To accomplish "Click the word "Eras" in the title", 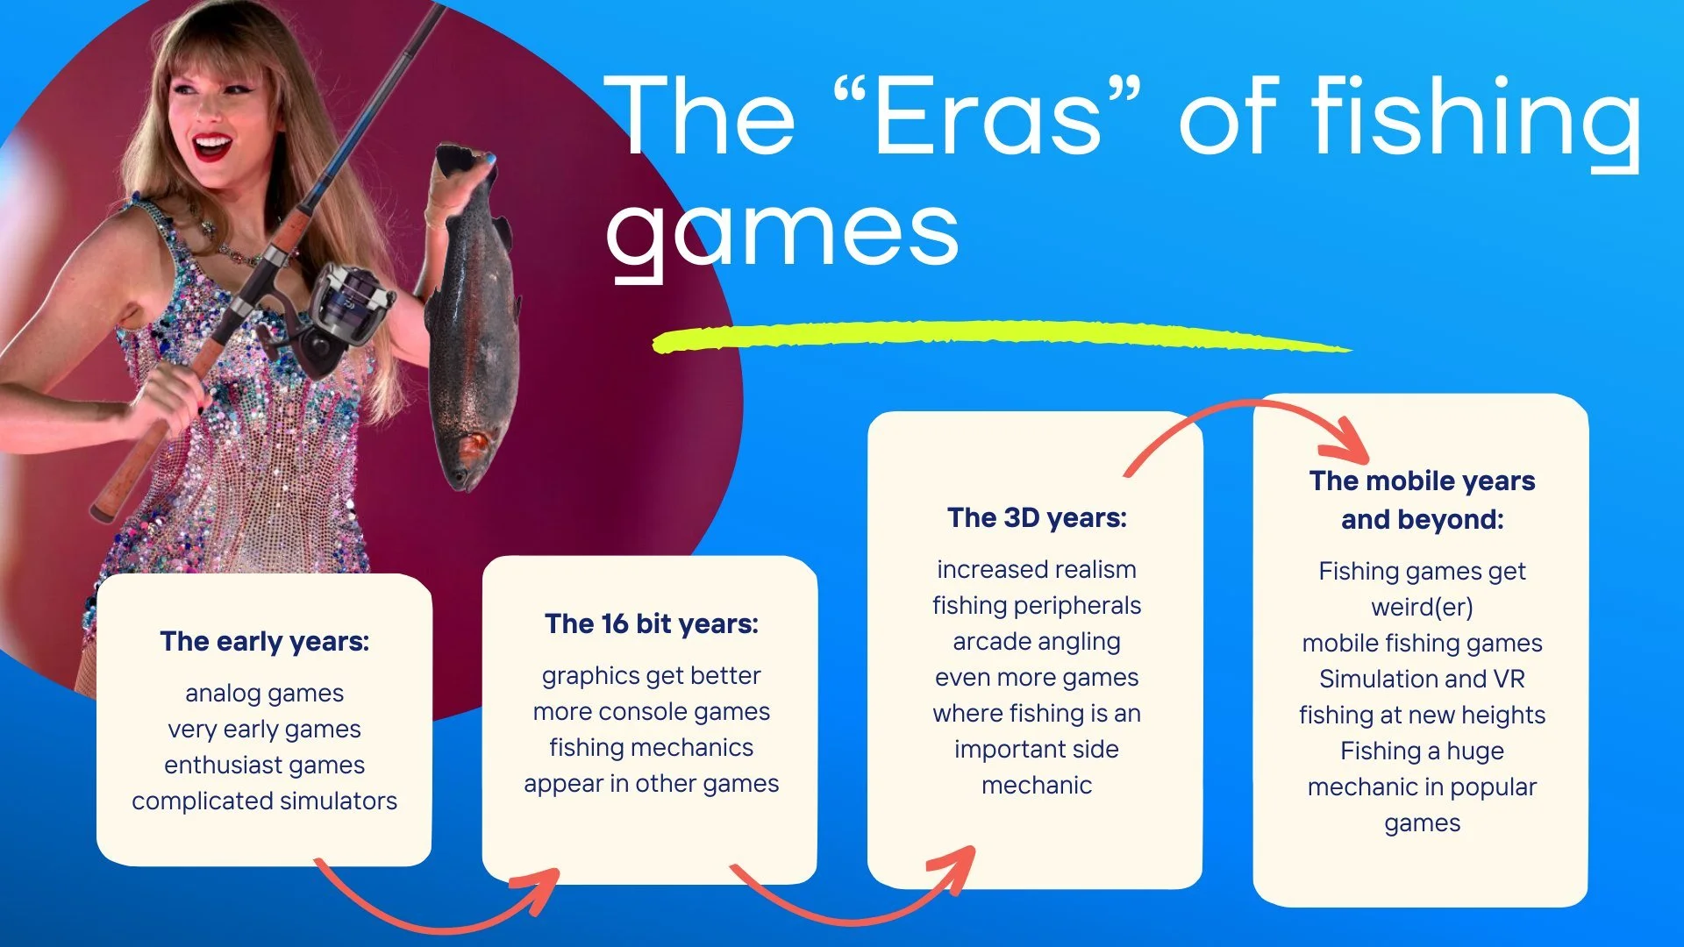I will tap(987, 116).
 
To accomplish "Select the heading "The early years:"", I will tap(265, 642).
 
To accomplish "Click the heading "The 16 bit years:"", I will tap(651, 624).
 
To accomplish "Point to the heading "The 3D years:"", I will tap(1037, 518).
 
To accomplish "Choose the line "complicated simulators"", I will tap(265, 801).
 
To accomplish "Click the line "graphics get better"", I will tap(651, 676).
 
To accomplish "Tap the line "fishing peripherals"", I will tap(1037, 606).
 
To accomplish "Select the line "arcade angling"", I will tap(1037, 642).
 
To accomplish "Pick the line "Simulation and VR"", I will tap(1422, 680).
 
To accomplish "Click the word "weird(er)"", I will tap(1422, 607).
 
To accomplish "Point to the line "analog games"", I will tap(265, 694).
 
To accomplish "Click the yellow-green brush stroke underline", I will tap(1000, 337).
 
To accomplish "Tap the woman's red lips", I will tap(211, 146).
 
